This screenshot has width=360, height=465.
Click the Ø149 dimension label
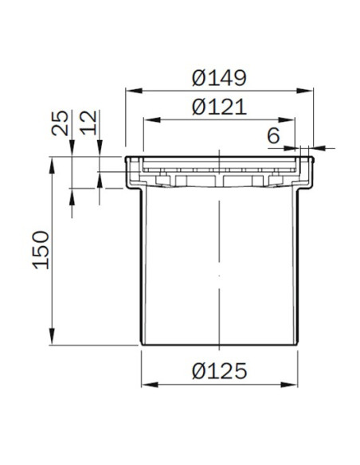point(219,78)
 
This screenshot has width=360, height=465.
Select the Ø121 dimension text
point(219,107)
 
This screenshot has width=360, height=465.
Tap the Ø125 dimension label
point(219,371)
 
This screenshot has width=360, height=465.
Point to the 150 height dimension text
point(41,250)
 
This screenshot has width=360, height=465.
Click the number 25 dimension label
point(61,123)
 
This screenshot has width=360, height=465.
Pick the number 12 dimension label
point(88,123)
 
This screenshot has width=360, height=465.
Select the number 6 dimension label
point(273,136)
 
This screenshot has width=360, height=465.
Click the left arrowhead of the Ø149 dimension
point(134,91)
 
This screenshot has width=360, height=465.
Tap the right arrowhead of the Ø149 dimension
point(305,91)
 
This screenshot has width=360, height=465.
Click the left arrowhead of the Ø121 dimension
point(152,119)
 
